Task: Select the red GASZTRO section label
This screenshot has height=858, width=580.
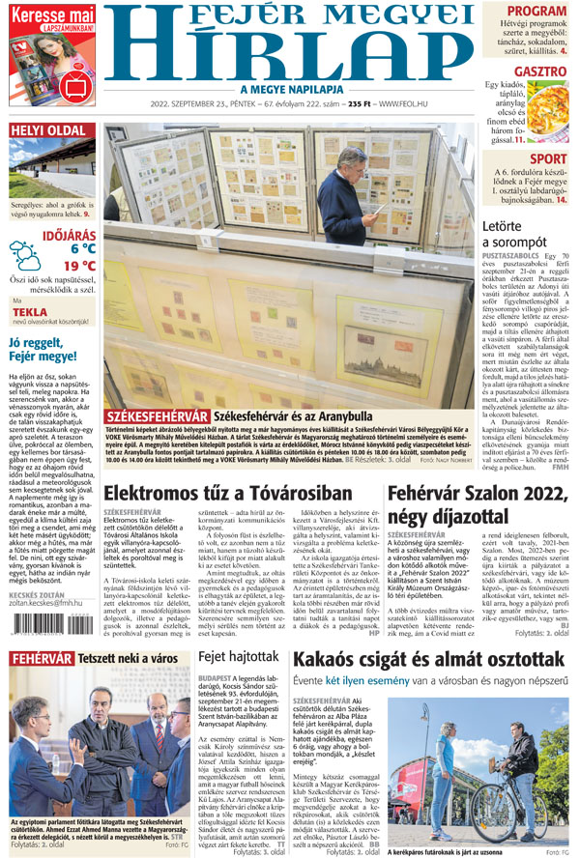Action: click(539, 71)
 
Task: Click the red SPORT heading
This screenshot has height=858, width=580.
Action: click(548, 159)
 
